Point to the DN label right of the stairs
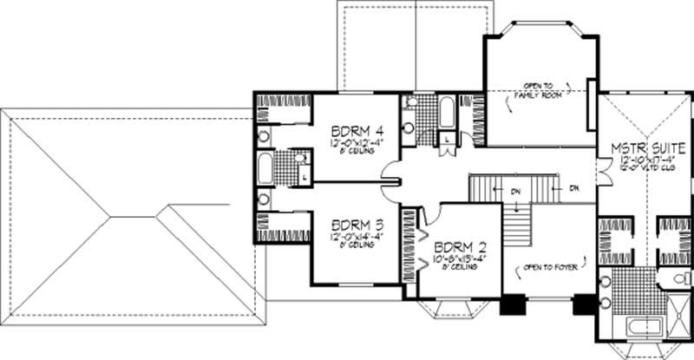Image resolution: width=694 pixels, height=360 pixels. click(573, 187)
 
